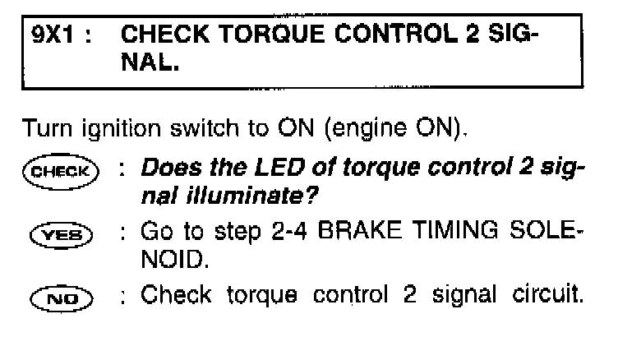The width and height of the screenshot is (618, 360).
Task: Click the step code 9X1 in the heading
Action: pos(53,34)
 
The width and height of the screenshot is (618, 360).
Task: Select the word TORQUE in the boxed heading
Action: pos(272,34)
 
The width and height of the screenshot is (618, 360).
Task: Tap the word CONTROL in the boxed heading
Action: pos(395,34)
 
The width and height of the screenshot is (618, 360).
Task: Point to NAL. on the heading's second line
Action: pos(150,62)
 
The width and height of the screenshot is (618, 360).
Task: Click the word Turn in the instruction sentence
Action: pos(48,128)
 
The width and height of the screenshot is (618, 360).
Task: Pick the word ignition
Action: pos(122,129)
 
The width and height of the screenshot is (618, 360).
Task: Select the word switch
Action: pos(205,128)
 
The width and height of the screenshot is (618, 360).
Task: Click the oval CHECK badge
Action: pos(61,172)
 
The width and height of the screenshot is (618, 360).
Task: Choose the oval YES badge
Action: pos(61,235)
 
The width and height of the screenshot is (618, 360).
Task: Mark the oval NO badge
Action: pos(62,298)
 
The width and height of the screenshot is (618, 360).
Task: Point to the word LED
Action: pos(280,167)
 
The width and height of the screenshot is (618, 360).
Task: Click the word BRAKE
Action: pos(359,230)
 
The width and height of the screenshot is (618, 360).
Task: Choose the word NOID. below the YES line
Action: pos(174,259)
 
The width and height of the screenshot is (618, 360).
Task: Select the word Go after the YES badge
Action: pos(157,231)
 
